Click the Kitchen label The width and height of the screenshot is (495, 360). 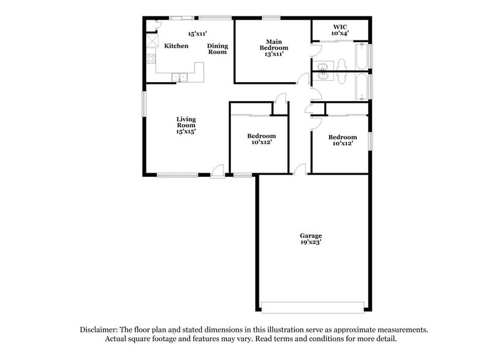pos(176,46)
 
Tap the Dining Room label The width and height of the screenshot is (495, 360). pos(217,49)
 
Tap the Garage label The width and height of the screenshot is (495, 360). pos(310,236)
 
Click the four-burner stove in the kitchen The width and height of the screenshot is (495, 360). pos(151,60)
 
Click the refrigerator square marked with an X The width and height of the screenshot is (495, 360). pos(151,43)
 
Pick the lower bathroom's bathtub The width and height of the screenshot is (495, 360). pos(362,86)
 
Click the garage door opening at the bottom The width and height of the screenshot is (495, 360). pos(313,307)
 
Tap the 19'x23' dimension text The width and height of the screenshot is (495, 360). pos(310,243)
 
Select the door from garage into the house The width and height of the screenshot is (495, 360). pos(300,170)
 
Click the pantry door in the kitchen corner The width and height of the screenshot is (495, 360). pos(155,26)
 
